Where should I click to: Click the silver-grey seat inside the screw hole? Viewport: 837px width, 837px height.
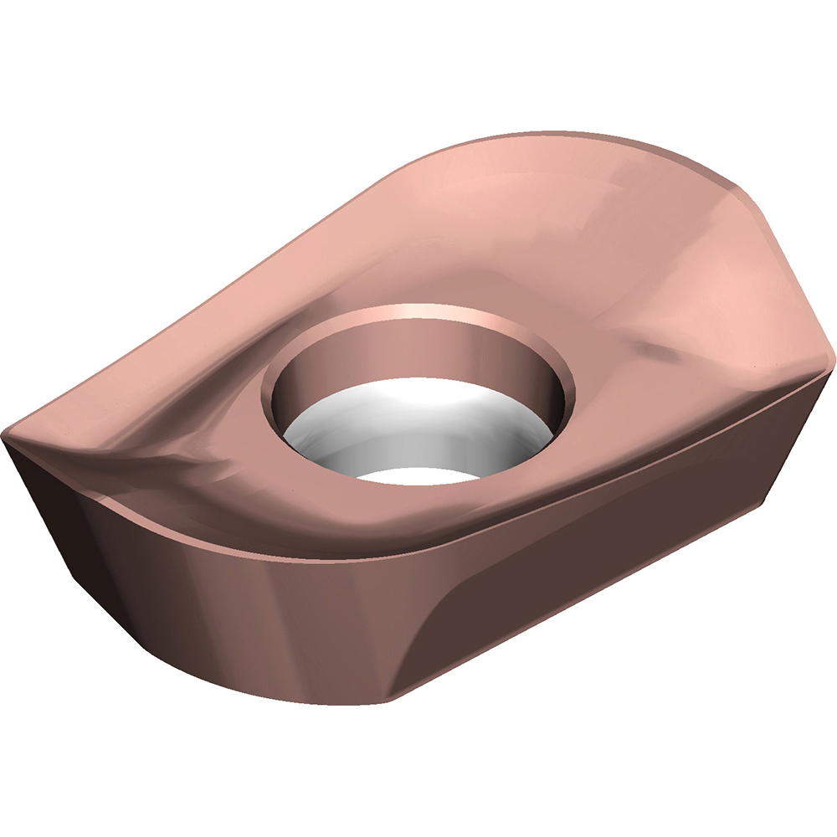tap(418, 427)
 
